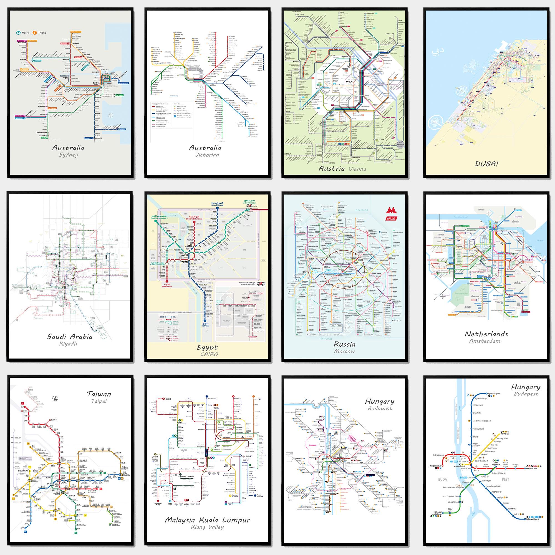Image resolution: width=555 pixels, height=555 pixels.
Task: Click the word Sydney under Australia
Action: [68, 155]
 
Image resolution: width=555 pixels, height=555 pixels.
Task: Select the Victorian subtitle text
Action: [207, 155]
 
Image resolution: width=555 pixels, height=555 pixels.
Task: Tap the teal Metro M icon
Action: [18, 33]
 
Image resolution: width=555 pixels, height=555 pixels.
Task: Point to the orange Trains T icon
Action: [34, 33]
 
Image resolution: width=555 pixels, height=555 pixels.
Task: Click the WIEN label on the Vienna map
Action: [349, 82]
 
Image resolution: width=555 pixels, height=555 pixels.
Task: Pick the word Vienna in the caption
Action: [357, 169]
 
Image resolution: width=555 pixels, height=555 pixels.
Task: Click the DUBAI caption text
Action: [486, 164]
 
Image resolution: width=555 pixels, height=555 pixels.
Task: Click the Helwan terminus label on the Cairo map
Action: [205, 326]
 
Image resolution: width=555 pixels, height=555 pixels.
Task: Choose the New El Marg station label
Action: [217, 204]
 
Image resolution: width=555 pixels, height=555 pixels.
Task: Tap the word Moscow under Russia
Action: [344, 351]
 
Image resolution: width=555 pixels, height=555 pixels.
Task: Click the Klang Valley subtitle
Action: [207, 527]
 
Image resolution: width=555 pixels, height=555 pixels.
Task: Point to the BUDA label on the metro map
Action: [442, 480]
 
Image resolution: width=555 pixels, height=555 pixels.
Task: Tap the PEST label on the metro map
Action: [505, 480]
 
